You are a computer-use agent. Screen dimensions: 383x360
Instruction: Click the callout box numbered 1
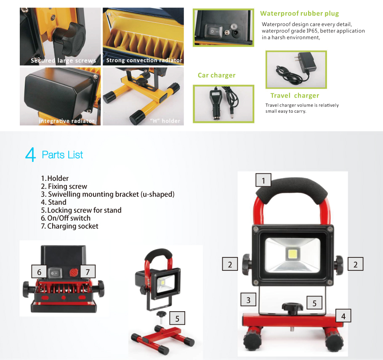[x=263, y=180]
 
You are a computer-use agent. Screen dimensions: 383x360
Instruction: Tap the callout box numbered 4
[x=343, y=316]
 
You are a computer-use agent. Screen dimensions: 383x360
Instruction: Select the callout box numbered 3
[x=248, y=299]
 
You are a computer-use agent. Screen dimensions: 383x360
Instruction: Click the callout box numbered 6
[x=39, y=271]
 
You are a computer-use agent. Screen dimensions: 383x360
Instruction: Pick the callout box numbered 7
[x=88, y=271]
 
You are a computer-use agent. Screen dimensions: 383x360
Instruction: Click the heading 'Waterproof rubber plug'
[x=299, y=13]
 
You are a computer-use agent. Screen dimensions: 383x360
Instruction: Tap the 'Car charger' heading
[x=216, y=75]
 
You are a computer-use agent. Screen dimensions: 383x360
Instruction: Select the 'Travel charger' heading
[x=295, y=95]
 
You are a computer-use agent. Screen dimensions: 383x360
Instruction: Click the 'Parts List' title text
[x=62, y=155]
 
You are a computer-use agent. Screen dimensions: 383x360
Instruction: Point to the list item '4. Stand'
[x=53, y=202]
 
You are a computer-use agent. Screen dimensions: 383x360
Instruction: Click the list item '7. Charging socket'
[x=69, y=226]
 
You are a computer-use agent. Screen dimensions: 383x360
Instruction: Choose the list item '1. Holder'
[x=55, y=178]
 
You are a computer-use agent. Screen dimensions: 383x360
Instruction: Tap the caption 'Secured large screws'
[x=63, y=61]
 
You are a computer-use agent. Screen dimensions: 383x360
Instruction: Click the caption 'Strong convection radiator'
[x=144, y=60]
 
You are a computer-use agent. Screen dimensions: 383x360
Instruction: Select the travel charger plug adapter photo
[x=296, y=69]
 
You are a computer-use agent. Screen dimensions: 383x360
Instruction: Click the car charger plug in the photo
[x=215, y=104]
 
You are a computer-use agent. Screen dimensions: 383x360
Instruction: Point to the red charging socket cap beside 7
[x=74, y=273]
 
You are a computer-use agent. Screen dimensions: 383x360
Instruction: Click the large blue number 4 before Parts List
[x=31, y=154]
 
